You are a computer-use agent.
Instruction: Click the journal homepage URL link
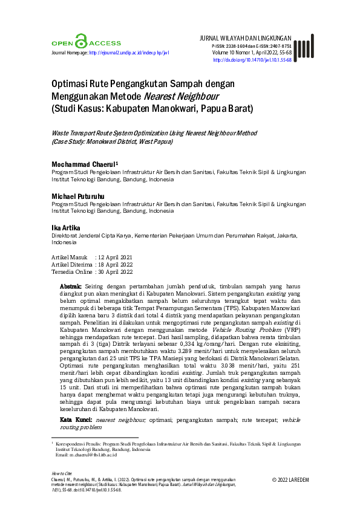(x=129, y=53)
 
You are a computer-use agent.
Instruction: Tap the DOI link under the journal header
(x=252, y=60)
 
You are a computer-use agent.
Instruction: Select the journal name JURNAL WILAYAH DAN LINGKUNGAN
(x=245, y=37)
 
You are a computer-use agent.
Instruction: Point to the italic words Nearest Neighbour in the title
(x=181, y=96)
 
